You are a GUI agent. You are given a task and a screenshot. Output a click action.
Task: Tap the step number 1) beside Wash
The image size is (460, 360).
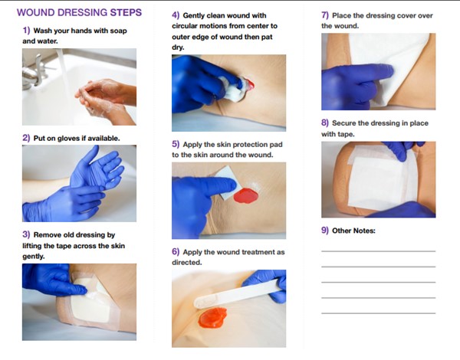(x=27, y=31)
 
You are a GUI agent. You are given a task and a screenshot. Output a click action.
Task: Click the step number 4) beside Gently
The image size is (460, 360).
(x=176, y=15)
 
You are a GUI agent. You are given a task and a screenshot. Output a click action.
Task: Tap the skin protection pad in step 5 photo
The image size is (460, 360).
(x=228, y=187)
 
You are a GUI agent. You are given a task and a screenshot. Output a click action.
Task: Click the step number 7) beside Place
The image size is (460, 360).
(x=325, y=15)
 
